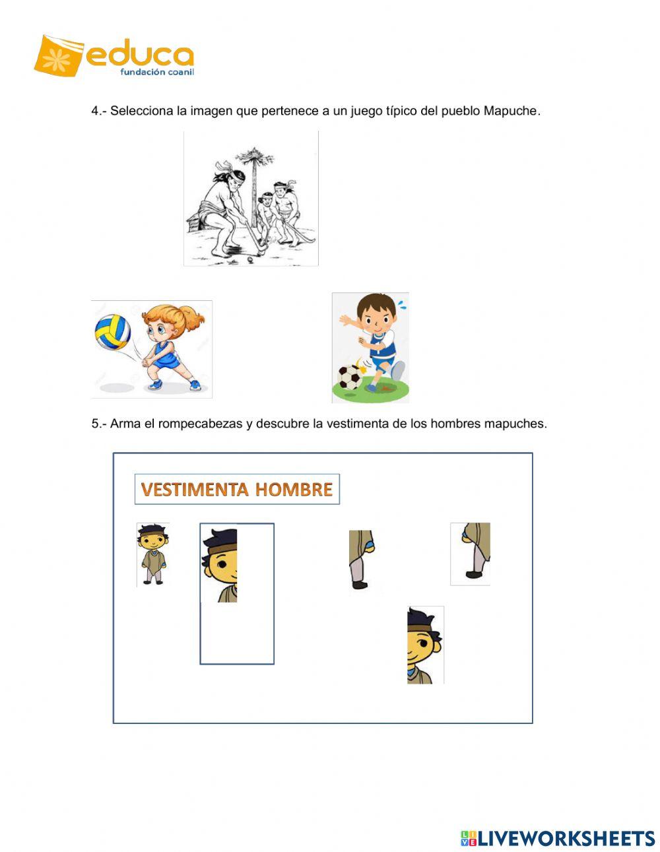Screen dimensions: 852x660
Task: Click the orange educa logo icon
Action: [59, 55]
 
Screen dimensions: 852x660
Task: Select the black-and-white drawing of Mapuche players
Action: [251, 198]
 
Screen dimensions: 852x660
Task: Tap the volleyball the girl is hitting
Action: [112, 332]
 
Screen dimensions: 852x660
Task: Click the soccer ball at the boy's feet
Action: [349, 378]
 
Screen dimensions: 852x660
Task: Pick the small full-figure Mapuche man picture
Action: [152, 554]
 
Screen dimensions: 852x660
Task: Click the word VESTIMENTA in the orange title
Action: [194, 490]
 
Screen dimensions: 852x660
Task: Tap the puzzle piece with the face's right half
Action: [424, 645]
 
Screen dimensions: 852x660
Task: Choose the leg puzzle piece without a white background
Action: [361, 559]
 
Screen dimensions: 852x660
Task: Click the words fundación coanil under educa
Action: [156, 72]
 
